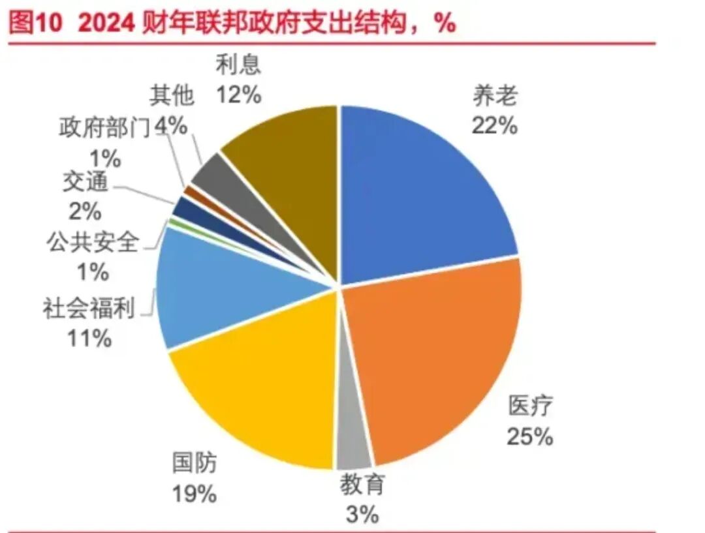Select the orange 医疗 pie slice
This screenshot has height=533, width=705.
(x=431, y=352)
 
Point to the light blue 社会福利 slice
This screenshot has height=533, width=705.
(x=215, y=287)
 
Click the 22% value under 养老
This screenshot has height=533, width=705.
(x=494, y=125)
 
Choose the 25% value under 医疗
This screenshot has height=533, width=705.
(x=529, y=436)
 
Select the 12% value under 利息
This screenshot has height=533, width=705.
(x=239, y=95)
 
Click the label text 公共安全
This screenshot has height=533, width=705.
(x=92, y=243)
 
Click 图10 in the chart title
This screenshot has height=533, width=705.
(x=37, y=25)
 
